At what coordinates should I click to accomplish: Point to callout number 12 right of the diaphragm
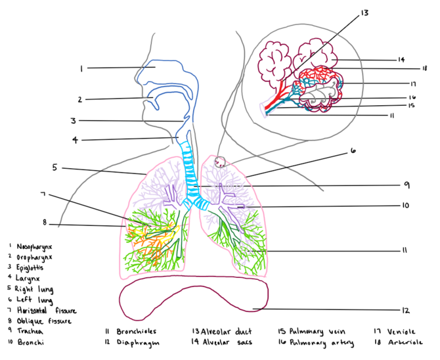tap(406, 311)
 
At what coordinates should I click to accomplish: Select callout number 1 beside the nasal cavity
tap(82, 68)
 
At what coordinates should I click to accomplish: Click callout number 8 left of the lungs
tap(45, 222)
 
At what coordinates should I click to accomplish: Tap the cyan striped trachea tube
tap(190, 171)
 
